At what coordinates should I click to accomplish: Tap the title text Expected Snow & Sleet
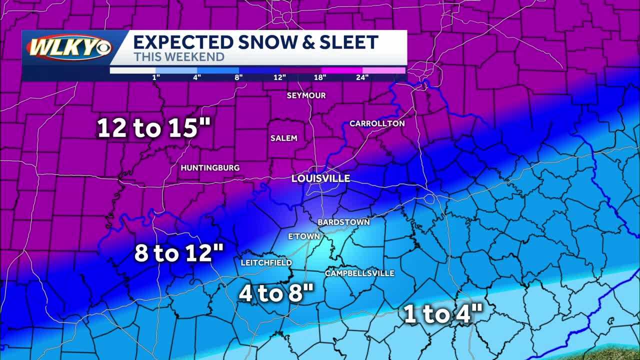(255, 42)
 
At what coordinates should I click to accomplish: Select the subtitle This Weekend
(178, 57)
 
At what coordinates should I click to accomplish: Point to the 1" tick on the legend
(156, 77)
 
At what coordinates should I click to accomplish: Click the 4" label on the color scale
(197, 77)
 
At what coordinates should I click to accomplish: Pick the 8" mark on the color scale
(238, 77)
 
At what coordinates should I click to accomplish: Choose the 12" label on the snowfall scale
(279, 77)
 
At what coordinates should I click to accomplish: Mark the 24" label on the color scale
(362, 77)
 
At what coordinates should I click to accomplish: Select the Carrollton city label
(377, 123)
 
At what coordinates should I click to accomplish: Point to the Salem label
(283, 138)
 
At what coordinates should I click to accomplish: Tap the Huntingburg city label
(210, 168)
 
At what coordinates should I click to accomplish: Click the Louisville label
(320, 178)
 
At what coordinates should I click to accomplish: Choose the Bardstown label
(343, 222)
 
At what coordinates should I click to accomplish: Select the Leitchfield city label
(266, 262)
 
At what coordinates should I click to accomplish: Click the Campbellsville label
(359, 273)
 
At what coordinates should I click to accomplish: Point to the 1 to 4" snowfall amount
(443, 315)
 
